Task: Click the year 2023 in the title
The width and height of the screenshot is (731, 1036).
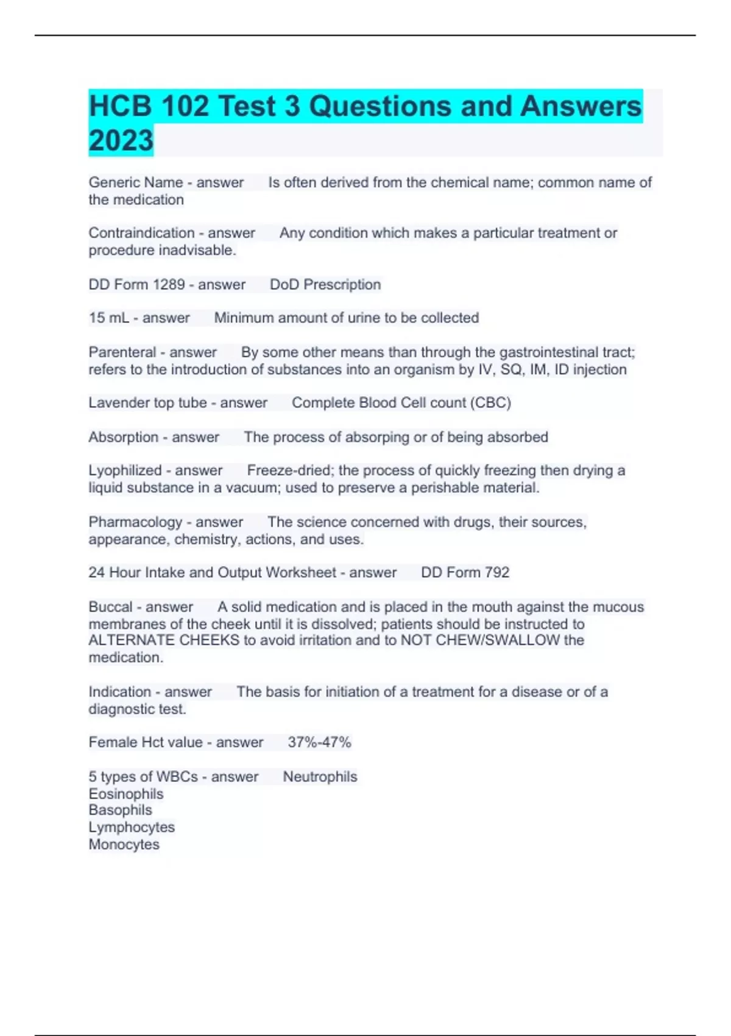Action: [121, 141]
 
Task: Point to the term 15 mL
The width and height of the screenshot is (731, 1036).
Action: [108, 318]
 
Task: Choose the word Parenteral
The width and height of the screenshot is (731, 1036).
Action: [122, 352]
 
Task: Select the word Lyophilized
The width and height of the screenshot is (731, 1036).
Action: [125, 470]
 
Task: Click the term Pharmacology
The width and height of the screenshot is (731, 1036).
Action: [135, 522]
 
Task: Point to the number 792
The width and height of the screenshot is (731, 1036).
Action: [496, 572]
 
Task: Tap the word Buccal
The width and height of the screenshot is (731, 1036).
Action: [110, 607]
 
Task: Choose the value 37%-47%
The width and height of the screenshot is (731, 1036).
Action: [319, 742]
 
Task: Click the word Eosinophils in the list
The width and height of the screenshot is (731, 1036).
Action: [126, 794]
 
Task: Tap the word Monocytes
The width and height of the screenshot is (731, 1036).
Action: [124, 845]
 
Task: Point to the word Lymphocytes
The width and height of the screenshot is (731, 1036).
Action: [132, 828]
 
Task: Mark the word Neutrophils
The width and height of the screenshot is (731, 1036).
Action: [320, 777]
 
